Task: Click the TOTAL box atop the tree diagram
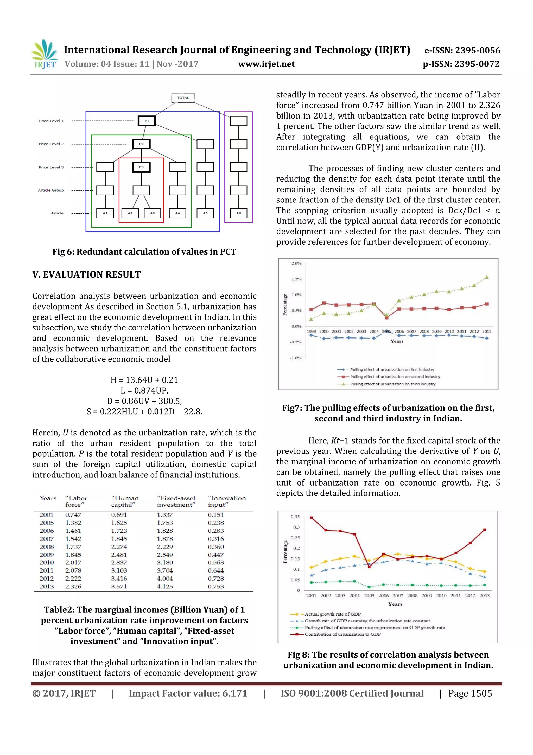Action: pyautogui.click(x=183, y=98)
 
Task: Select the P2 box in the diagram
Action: pyautogui.click(x=141, y=144)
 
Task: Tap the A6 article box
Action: pyautogui.click(x=238, y=213)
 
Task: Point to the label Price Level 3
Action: pyautogui.click(x=51, y=167)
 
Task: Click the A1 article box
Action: pyautogui.click(x=105, y=213)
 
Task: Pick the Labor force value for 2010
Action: pyautogui.click(x=73, y=563)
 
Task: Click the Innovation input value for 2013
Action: pyautogui.click(x=216, y=586)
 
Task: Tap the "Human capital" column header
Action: pyautogui.click(x=125, y=501)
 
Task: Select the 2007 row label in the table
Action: pyautogui.click(x=46, y=539)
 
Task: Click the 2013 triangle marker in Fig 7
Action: pyautogui.click(x=487, y=277)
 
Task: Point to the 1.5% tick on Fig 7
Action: pyautogui.click(x=296, y=279)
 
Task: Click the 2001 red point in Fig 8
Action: pyautogui.click(x=311, y=518)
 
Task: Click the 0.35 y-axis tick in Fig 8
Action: pyautogui.click(x=295, y=517)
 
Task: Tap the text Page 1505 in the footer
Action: pyautogui.click(x=470, y=693)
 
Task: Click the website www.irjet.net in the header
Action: pyautogui.click(x=266, y=64)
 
